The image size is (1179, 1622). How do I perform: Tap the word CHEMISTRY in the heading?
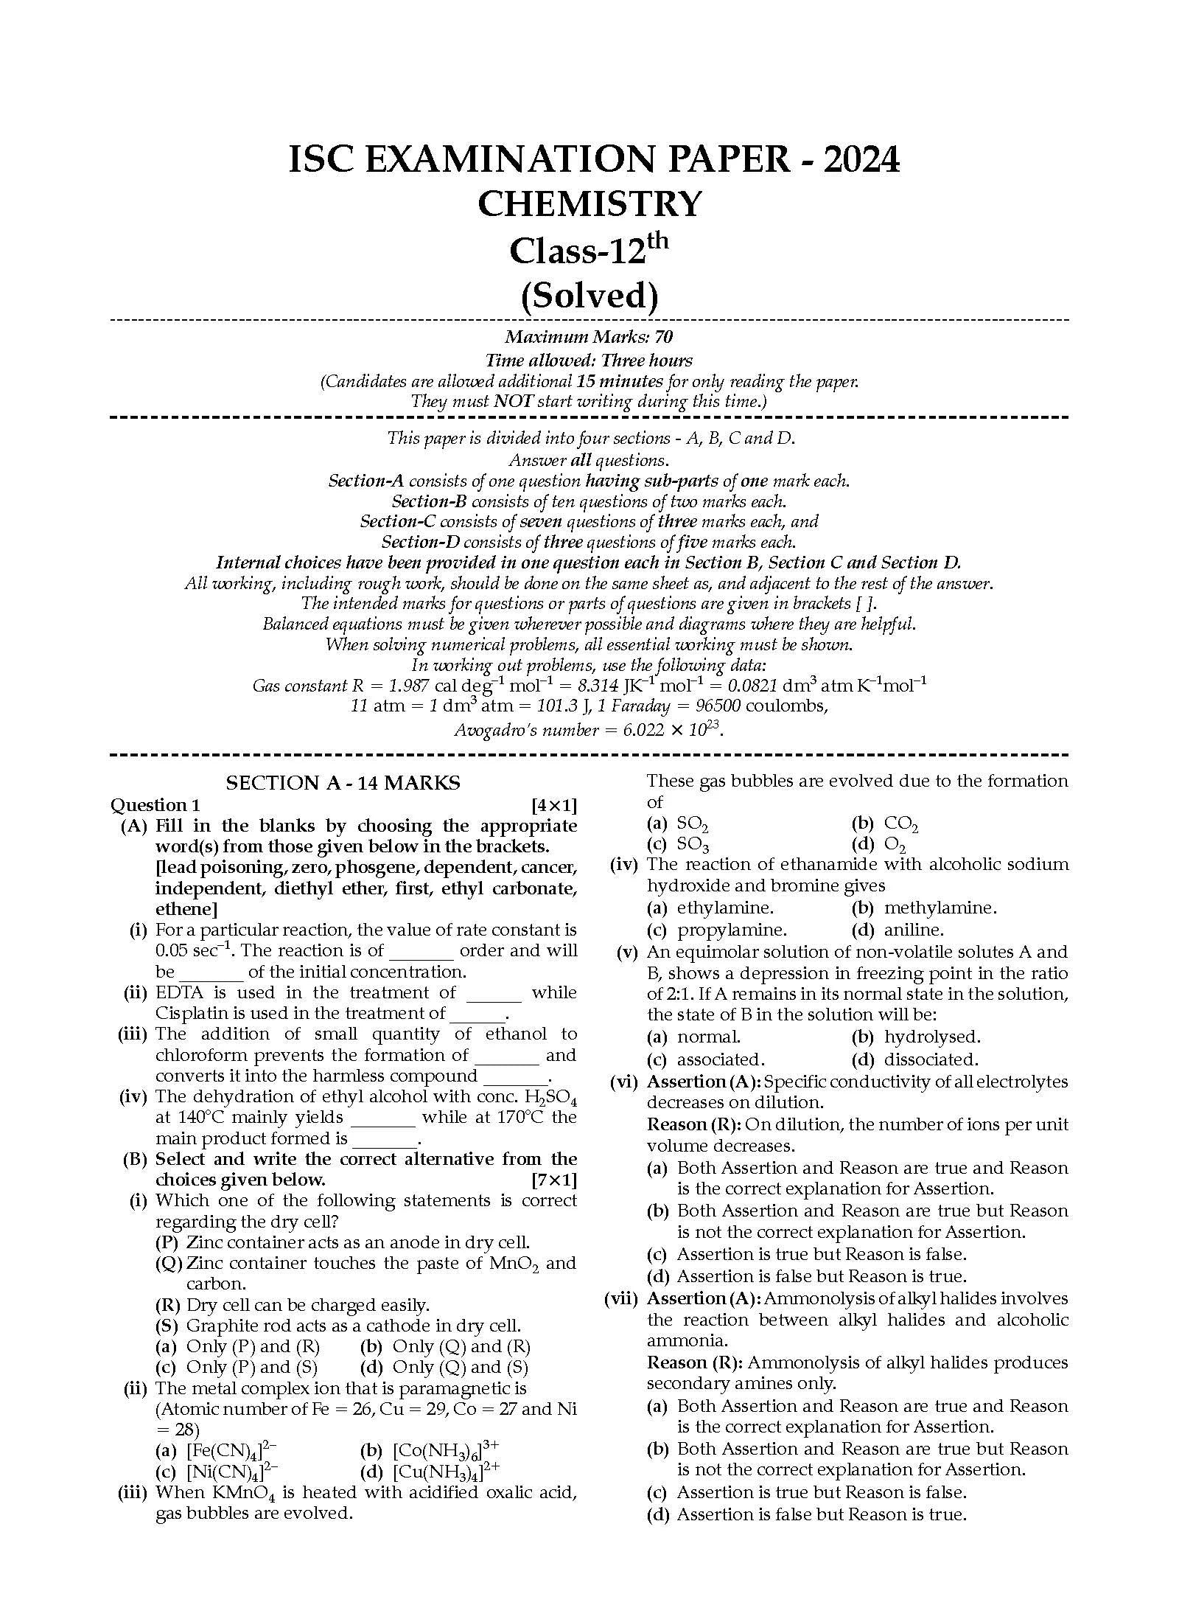[589, 204]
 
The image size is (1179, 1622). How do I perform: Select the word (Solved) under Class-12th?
[589, 296]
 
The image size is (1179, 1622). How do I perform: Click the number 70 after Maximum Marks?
[663, 337]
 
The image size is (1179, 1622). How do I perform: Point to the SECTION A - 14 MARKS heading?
[343, 783]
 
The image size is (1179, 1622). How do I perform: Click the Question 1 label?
[155, 804]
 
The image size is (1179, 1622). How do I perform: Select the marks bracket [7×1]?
[554, 1180]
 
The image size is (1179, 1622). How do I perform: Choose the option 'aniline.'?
[914, 930]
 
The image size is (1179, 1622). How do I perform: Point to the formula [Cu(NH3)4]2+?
[447, 1472]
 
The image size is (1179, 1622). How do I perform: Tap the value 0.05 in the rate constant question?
[171, 951]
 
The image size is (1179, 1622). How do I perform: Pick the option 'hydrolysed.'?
[932, 1037]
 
